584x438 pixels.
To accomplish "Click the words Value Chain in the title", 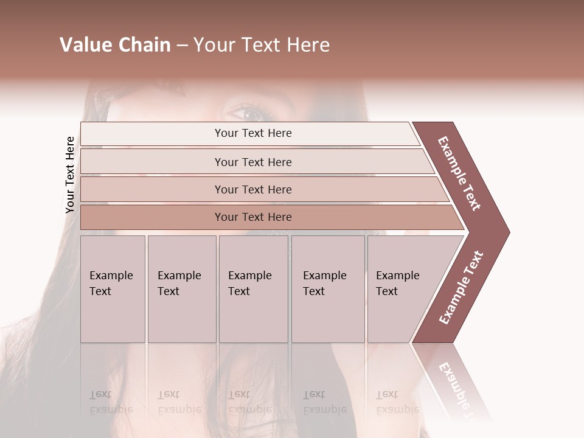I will [x=115, y=45].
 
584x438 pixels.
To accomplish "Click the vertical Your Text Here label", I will [x=70, y=175].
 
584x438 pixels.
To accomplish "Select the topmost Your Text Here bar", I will [x=253, y=133].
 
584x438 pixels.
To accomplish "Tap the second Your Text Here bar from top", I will [x=253, y=162].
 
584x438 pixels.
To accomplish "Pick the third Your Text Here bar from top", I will [x=253, y=189].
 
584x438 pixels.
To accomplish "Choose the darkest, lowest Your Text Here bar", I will [x=253, y=217].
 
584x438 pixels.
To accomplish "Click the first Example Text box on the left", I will [x=113, y=289].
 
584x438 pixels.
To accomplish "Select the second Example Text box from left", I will [x=181, y=289].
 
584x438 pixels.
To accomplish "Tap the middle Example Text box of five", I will [x=253, y=289].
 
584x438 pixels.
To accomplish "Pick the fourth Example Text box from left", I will [x=327, y=289].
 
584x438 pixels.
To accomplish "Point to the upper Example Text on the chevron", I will [x=460, y=173].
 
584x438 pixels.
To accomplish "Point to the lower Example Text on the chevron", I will [x=461, y=288].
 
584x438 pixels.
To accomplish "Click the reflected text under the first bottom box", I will [x=111, y=402].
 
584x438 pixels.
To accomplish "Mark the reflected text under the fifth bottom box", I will [x=397, y=402].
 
